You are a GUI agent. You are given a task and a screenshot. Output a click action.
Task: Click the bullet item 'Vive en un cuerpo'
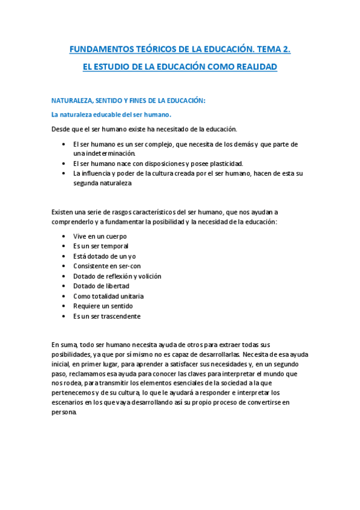coord(100,236)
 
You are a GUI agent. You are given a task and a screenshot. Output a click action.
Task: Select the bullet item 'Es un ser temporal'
coord(100,246)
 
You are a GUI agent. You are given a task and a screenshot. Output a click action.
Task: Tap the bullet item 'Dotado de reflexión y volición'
coord(117,276)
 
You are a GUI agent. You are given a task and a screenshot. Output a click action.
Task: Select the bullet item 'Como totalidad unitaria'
coord(108,296)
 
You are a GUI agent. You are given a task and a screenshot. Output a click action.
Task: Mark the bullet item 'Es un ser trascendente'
coord(107,316)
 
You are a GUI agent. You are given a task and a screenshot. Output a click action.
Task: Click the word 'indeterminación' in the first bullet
coord(109,153)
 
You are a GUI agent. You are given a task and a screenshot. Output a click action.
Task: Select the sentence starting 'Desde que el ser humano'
coord(144,129)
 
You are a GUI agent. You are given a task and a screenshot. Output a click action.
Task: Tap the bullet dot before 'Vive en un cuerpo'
coord(64,236)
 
